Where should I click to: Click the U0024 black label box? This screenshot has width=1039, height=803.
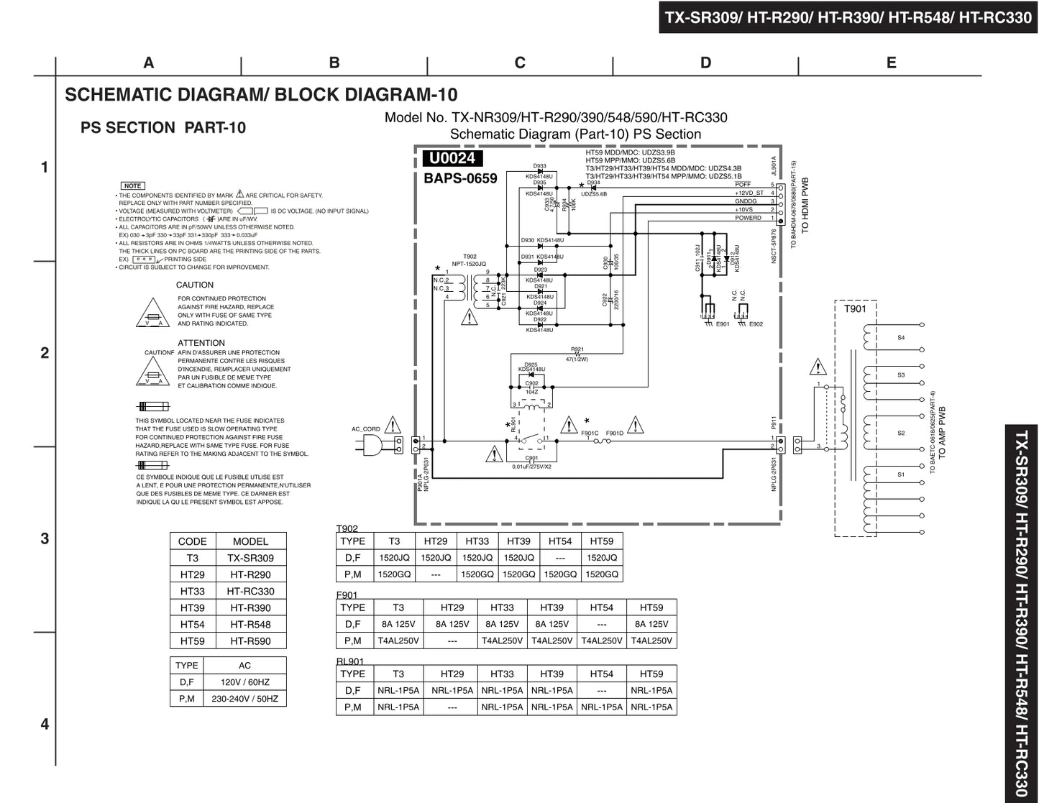pyautogui.click(x=452, y=159)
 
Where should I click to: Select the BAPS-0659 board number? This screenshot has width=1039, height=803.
pyautogui.click(x=460, y=178)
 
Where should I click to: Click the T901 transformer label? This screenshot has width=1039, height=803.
pyautogui.click(x=855, y=309)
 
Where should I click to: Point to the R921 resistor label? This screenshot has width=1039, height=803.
pyautogui.click(x=577, y=349)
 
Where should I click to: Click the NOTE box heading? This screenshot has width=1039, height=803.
pyautogui.click(x=132, y=186)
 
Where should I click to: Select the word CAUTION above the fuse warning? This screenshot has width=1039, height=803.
pyautogui.click(x=194, y=285)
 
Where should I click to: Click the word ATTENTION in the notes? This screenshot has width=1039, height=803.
pyautogui.click(x=201, y=344)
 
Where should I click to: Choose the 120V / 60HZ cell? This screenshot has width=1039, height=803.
pyautogui.click(x=244, y=682)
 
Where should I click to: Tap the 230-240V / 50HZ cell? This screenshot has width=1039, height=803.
pyautogui.click(x=244, y=699)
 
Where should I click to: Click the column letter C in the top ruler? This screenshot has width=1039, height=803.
pyautogui.click(x=520, y=63)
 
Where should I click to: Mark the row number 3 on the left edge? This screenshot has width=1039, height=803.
pyautogui.click(x=45, y=538)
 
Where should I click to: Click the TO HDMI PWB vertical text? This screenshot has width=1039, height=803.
pyautogui.click(x=805, y=205)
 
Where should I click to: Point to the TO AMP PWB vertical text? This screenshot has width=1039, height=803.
pyautogui.click(x=942, y=433)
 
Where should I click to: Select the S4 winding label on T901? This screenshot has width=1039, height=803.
pyautogui.click(x=901, y=338)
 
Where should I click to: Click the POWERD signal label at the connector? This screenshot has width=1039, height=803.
pyautogui.click(x=748, y=218)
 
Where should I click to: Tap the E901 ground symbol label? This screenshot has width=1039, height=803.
pyautogui.click(x=723, y=324)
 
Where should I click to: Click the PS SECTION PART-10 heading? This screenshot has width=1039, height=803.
pyautogui.click(x=163, y=128)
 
